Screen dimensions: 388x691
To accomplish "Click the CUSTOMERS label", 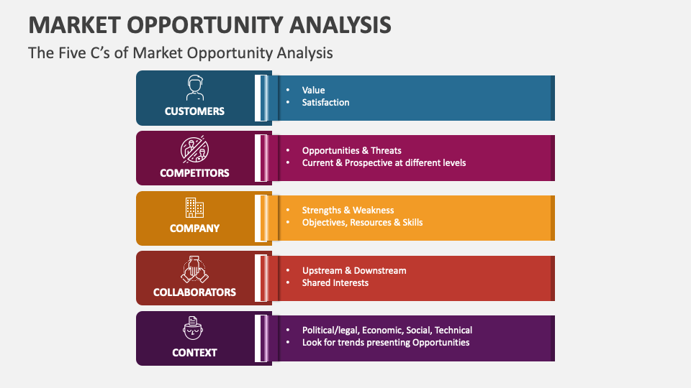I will click(194, 111).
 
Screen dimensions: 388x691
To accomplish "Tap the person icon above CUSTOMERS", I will click(194, 88).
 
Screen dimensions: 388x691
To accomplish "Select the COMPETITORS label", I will click(194, 173).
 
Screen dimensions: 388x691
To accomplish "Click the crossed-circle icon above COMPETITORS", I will click(194, 149).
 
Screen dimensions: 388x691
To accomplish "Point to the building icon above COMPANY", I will click(194, 208).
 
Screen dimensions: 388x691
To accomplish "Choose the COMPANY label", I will click(194, 228).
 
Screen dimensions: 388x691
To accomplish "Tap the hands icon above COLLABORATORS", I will click(194, 269).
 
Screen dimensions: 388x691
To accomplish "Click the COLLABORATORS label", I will click(194, 292).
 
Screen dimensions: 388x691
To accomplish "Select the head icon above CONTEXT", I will click(194, 328).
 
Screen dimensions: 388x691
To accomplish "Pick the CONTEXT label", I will click(194, 353).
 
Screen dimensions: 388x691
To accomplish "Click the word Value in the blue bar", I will click(313, 91).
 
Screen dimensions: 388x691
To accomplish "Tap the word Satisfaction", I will click(325, 103).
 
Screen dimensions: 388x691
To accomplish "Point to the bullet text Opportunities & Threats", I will click(351, 151).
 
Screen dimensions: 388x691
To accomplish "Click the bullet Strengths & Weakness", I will click(348, 211).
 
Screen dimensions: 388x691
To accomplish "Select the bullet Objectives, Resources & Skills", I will click(362, 223).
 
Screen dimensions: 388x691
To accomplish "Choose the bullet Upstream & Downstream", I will click(354, 271).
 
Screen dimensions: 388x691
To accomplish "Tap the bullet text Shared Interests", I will click(335, 283).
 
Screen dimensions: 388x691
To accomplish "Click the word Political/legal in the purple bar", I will click(330, 331).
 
